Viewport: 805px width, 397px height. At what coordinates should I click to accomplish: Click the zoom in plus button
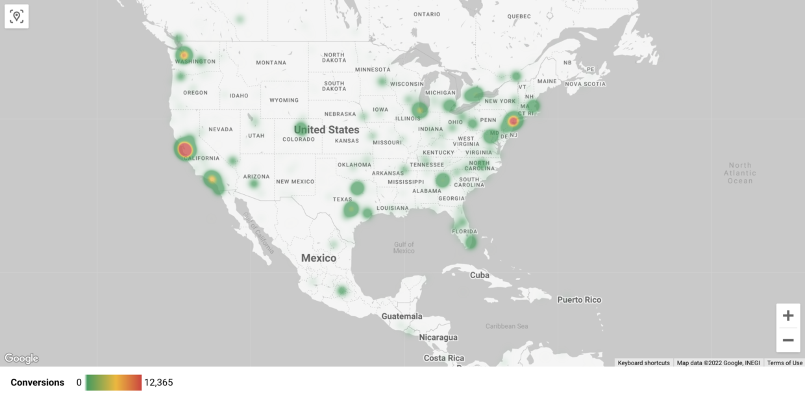click(788, 316)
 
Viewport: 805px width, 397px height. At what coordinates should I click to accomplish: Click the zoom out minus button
click(788, 340)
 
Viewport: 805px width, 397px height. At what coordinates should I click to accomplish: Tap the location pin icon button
click(17, 16)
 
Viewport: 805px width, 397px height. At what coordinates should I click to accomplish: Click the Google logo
click(21, 359)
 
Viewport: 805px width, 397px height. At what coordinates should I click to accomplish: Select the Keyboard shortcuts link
click(643, 363)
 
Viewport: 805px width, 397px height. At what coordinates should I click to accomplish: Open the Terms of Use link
click(784, 363)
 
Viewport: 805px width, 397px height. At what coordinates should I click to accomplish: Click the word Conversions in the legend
click(38, 383)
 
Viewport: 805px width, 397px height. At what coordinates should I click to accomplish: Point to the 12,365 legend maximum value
click(158, 383)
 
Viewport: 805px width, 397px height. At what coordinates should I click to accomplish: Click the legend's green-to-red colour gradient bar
click(114, 383)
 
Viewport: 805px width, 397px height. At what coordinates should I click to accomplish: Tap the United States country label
click(327, 130)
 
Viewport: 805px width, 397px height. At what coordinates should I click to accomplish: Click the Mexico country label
click(319, 258)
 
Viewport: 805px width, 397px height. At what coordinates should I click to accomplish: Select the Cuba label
click(479, 275)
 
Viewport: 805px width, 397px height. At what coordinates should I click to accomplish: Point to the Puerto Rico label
click(579, 300)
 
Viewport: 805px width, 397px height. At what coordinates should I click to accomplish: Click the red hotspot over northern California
click(185, 149)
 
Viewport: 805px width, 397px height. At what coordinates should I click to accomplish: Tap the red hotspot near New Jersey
click(514, 121)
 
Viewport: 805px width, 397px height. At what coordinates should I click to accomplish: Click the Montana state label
click(271, 63)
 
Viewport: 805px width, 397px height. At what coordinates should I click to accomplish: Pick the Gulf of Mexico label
click(404, 248)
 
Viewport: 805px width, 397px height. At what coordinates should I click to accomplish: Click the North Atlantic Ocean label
click(740, 173)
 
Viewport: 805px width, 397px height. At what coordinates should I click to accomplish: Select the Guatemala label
click(402, 316)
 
